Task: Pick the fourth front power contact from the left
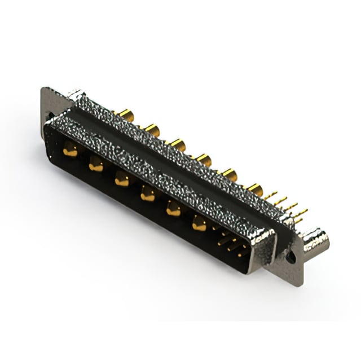coord(148,193)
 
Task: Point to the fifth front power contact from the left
coord(173,209)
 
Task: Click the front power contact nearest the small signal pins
coord(199,223)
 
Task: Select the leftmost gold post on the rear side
coord(126,115)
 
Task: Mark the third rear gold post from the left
coord(178,145)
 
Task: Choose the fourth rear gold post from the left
coord(204,160)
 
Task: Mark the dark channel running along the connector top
coord(169,152)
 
